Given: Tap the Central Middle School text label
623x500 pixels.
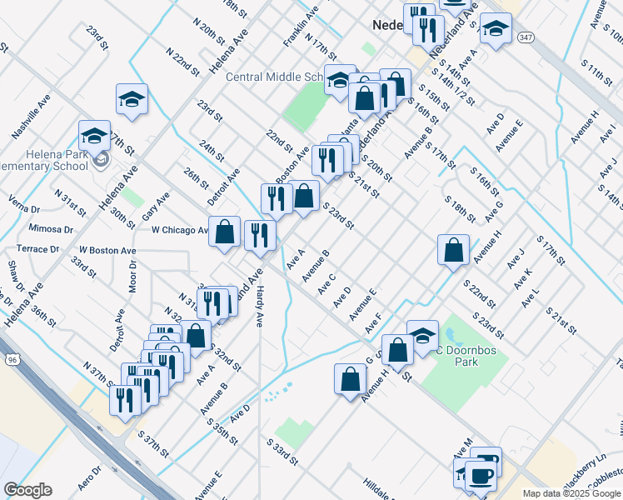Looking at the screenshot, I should [274, 77].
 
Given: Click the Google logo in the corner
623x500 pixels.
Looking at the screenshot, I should [27, 490].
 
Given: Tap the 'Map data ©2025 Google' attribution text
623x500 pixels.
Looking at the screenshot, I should [571, 493].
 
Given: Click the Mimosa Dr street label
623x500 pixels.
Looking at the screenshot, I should [50, 228].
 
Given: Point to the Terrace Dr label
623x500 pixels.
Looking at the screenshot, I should [38, 249].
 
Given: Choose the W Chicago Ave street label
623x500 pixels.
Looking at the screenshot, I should [180, 230].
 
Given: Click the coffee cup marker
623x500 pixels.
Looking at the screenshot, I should [483, 475].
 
